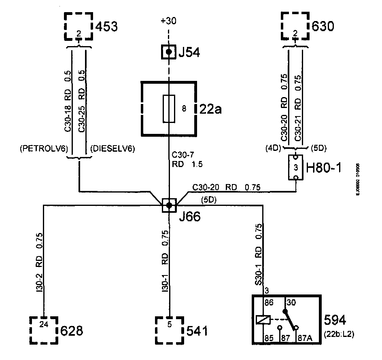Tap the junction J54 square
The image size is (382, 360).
169,52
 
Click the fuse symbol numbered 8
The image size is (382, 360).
169,108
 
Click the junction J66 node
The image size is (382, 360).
169,205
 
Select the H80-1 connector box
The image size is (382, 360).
296,167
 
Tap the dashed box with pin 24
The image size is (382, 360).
44,330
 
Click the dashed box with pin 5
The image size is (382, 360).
170,330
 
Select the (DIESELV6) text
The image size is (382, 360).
113,149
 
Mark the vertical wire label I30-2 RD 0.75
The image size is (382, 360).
39,263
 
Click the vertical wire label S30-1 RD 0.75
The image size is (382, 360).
259,257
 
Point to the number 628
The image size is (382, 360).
71,331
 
